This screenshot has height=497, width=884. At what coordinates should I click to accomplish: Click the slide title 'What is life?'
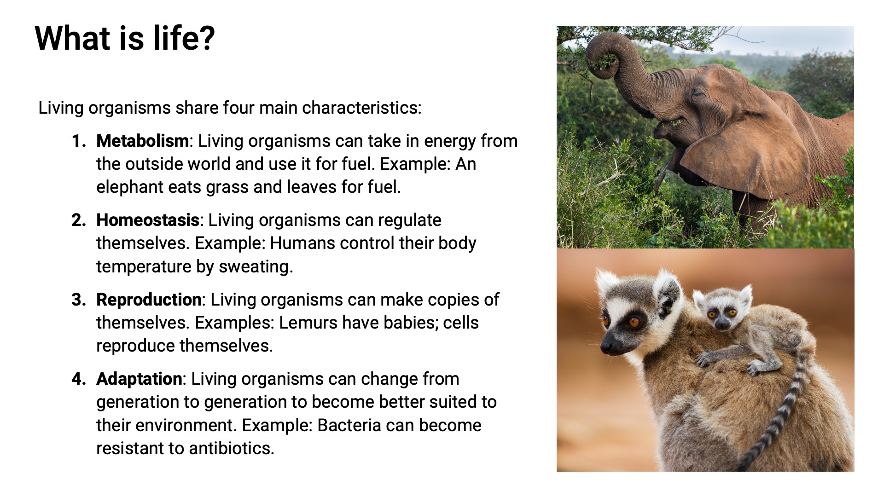click(125, 38)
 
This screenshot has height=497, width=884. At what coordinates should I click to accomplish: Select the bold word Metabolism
click(142, 141)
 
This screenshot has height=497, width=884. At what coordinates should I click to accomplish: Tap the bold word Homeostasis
click(147, 220)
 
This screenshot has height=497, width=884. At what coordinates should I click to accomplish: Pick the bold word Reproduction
click(149, 300)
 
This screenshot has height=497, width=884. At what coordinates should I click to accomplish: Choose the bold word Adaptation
click(139, 379)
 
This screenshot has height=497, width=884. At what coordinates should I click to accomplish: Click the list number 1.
click(79, 141)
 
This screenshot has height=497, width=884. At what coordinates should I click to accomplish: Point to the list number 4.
click(79, 379)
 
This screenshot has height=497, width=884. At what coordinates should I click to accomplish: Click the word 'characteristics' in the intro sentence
click(361, 108)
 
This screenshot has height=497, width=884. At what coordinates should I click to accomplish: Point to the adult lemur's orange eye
click(634, 322)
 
